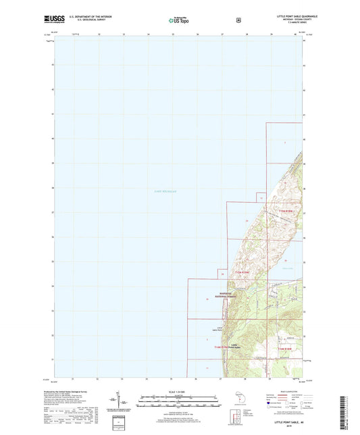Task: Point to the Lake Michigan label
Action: tap(163, 191)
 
